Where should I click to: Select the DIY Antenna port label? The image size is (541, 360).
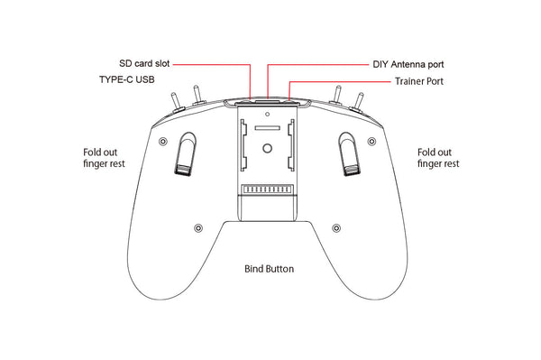408,65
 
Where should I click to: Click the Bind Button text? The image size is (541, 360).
270,269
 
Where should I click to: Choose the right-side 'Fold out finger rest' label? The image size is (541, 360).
438,158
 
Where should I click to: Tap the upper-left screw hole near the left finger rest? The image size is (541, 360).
161,143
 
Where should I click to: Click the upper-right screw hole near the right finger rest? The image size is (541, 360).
377,143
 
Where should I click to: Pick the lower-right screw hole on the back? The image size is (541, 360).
336,226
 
